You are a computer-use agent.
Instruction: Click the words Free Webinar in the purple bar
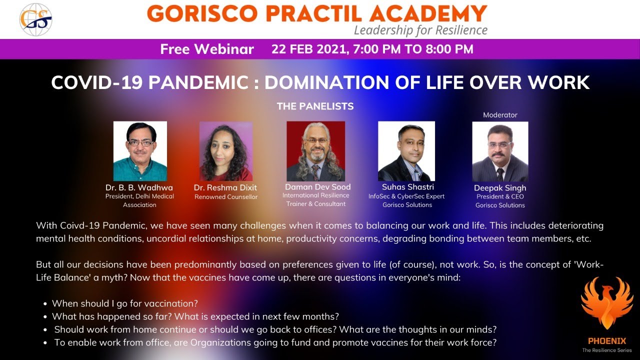207,49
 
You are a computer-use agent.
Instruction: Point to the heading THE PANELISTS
315,106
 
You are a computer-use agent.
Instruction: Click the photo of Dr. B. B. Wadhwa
140,151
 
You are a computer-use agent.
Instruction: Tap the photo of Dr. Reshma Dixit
225,151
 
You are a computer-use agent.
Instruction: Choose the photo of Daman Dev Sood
315,151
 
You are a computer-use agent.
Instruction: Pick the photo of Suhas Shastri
406,151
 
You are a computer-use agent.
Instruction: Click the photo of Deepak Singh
500,151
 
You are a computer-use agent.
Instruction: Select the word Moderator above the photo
500,115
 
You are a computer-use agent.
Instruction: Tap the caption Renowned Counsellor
226,197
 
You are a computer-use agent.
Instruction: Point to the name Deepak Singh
500,188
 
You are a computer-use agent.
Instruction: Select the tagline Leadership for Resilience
420,30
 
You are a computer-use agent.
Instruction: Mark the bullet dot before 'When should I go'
45,303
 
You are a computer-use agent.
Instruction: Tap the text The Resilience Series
606,350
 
